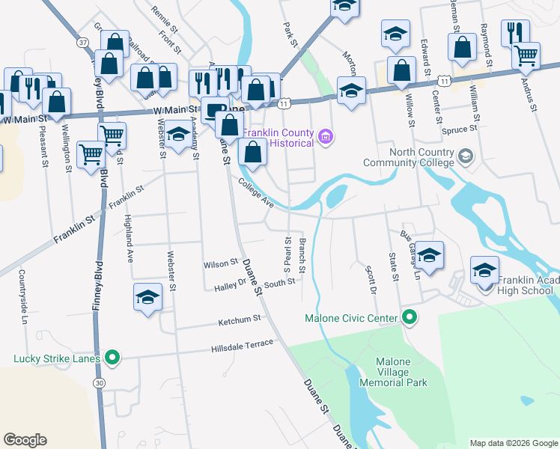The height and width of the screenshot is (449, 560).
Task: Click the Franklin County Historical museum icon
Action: coord(326,136)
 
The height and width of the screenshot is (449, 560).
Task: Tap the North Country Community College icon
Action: coord(466,156)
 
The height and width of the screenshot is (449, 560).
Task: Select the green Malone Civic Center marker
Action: coord(409,318)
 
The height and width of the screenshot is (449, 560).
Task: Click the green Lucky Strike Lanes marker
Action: coord(112,358)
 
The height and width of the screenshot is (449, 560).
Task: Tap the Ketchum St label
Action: coord(238,320)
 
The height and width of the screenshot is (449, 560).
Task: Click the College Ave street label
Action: coord(257,192)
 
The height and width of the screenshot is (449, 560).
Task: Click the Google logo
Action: coord(25,440)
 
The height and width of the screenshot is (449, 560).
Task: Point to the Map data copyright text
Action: coord(513,442)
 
